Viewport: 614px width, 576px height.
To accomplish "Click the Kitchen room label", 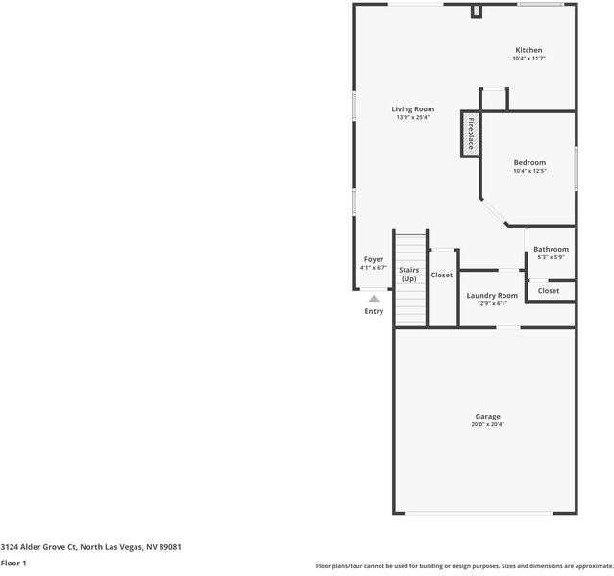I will click(528, 50).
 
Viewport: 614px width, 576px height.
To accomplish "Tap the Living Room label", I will click(412, 109).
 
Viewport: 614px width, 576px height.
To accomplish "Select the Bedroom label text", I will click(528, 163).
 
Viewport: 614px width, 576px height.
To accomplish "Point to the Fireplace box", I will click(470, 135).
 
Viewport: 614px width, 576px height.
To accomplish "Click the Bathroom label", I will click(551, 250).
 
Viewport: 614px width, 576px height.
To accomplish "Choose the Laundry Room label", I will click(492, 295).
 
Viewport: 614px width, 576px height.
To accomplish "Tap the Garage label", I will click(487, 417).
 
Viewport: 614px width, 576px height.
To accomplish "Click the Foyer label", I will click(373, 260).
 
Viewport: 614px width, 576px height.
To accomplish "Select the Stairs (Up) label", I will click(409, 275).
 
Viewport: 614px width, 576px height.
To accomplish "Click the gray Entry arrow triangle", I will click(374, 299).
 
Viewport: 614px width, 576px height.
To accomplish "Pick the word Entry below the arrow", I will click(374, 311).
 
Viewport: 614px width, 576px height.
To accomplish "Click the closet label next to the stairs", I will click(441, 276).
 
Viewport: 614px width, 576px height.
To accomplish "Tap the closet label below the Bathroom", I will click(549, 291).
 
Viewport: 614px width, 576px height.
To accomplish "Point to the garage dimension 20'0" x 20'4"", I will click(487, 425).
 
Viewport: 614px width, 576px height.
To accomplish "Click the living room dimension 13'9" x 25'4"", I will click(412, 118).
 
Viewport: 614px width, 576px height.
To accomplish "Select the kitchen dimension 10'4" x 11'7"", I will click(528, 59).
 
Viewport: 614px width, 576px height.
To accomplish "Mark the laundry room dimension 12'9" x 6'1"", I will click(492, 303).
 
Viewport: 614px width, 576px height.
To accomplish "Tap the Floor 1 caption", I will click(12, 564).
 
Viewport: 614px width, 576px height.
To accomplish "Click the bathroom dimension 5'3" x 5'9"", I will click(551, 257).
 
